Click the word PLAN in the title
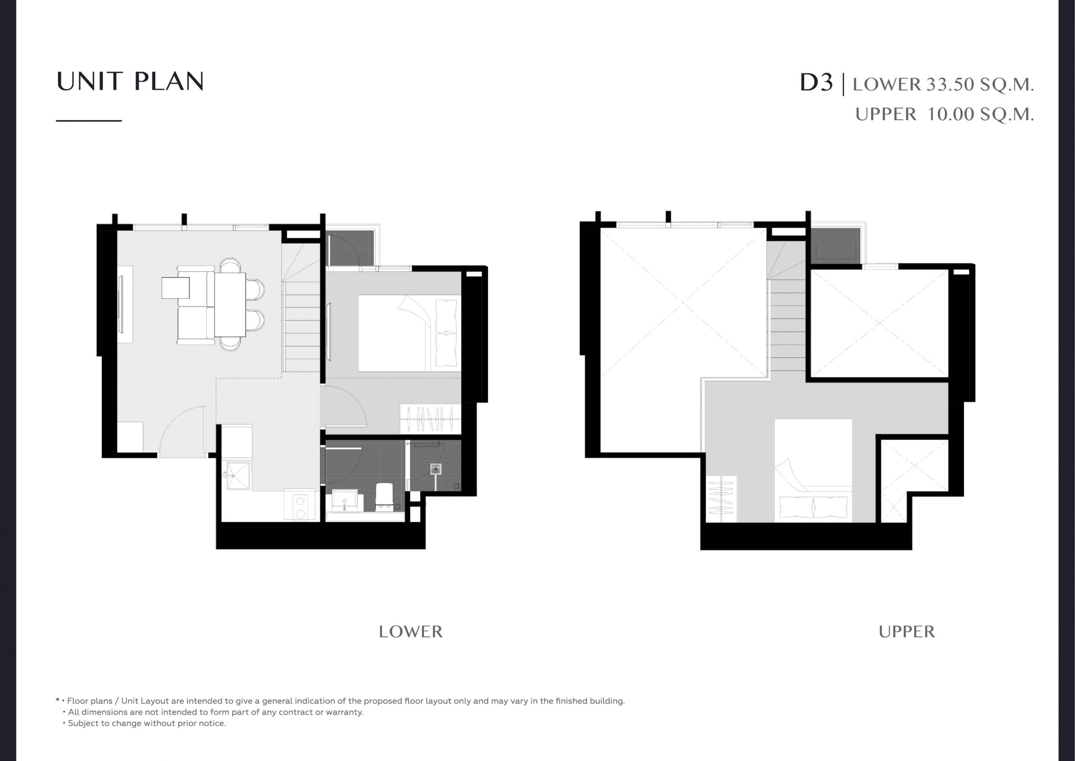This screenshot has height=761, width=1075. [169, 82]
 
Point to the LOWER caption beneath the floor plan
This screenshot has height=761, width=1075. [411, 632]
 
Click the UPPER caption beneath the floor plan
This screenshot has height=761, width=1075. [907, 632]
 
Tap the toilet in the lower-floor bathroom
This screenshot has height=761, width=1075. [384, 495]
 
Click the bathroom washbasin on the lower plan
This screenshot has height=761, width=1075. [345, 500]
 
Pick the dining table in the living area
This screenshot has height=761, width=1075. [230, 305]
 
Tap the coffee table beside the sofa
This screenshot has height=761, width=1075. [176, 288]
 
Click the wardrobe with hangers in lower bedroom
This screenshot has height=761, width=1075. [430, 419]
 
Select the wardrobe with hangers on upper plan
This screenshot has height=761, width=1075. [721, 499]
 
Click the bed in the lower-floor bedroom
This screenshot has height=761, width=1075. [410, 333]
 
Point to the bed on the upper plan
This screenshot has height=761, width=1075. [813, 471]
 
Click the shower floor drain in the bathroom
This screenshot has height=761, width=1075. [436, 468]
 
